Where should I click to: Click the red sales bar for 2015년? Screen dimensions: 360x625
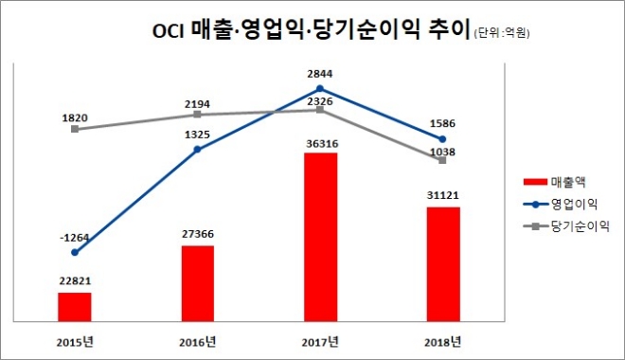pyautogui.click(x=75, y=306)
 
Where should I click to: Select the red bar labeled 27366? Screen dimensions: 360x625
pyautogui.click(x=198, y=282)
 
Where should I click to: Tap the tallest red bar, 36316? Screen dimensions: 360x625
pyautogui.click(x=320, y=236)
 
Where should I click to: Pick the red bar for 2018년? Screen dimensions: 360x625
pyautogui.click(x=443, y=262)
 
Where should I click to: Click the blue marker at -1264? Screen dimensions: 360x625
pyautogui.click(x=75, y=252)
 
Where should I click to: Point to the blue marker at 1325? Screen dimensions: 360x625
pyautogui.click(x=198, y=149)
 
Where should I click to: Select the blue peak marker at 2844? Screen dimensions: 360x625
pyautogui.click(x=320, y=88)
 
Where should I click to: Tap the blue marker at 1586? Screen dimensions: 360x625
pyautogui.click(x=443, y=138)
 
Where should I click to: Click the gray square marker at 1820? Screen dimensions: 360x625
pyautogui.click(x=75, y=129)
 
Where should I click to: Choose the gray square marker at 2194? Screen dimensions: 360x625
pyautogui.click(x=198, y=115)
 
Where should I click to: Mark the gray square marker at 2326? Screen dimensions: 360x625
pyautogui.click(x=320, y=110)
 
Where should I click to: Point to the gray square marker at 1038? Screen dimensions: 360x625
pyautogui.click(x=443, y=160)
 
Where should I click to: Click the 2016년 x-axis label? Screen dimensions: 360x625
pyautogui.click(x=198, y=341)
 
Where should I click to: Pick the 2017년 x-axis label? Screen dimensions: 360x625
pyautogui.click(x=320, y=341)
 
